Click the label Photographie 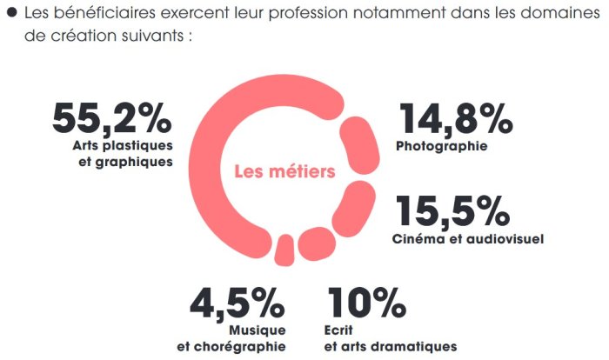441,146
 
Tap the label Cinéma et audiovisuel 468,239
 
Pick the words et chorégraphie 231,346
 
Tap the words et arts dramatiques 390,346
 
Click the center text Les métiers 284,172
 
